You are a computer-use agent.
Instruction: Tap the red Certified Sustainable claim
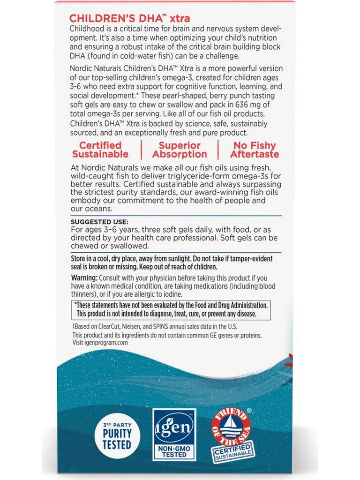click(x=100, y=150)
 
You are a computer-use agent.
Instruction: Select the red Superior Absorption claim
click(x=180, y=150)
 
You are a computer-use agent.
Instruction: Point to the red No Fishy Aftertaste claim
click(x=255, y=150)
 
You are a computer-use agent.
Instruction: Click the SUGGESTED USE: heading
click(x=99, y=222)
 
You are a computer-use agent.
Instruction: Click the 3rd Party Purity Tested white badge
click(x=117, y=435)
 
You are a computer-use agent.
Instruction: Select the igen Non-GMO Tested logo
click(x=174, y=435)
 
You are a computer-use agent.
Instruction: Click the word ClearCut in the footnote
click(x=109, y=327)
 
